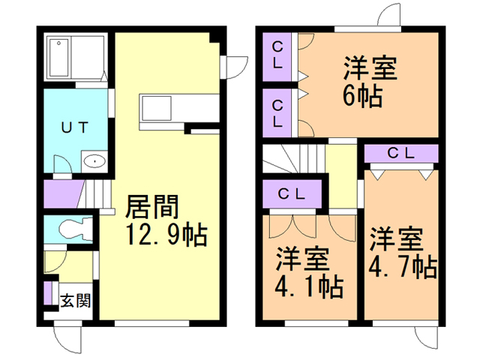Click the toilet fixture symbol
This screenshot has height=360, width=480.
[x=76, y=229]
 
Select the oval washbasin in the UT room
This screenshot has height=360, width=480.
[x=94, y=161]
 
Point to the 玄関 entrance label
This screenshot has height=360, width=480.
[x=76, y=301]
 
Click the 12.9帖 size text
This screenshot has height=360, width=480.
[x=166, y=235]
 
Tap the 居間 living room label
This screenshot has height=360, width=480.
[x=152, y=207]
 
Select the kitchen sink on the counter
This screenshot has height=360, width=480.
[x=157, y=108]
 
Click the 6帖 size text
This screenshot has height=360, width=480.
[x=363, y=95]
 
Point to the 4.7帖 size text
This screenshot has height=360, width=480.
[x=402, y=267]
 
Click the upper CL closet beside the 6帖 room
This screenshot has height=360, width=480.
[x=277, y=57]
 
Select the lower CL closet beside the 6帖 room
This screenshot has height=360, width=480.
[x=277, y=113]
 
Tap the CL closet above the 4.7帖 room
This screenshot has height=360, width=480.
[x=401, y=154]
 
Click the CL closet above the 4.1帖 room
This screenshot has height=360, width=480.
[x=292, y=193]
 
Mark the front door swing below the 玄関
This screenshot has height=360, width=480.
[x=68, y=339]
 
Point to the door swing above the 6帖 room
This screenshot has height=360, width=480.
[x=388, y=14]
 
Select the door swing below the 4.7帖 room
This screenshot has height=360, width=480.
[x=427, y=337]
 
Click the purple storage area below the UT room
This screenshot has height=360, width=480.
[x=64, y=194]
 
